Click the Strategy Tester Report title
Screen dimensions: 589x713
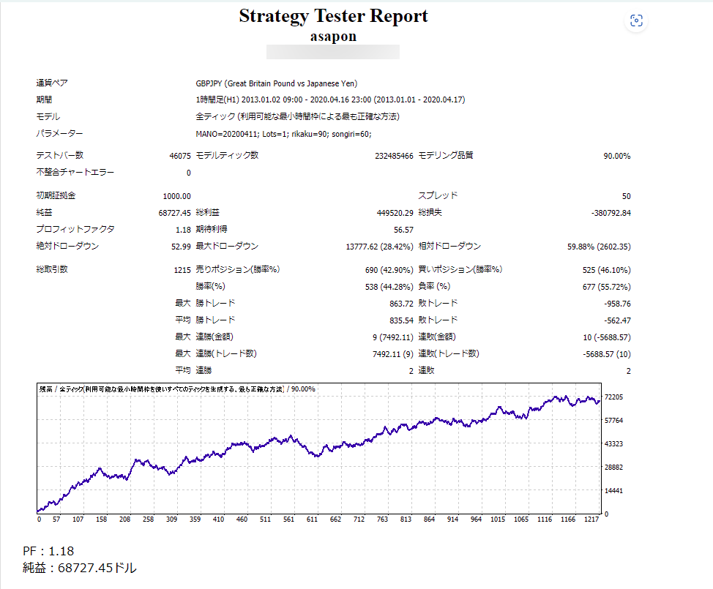[x=333, y=17]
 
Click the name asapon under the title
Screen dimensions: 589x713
[x=333, y=37]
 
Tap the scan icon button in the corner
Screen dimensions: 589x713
[x=636, y=21]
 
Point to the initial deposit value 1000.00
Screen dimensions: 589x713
[x=177, y=196]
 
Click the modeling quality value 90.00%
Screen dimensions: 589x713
[x=616, y=156]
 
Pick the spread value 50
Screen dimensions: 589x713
[x=626, y=196]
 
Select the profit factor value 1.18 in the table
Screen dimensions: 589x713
[x=184, y=230]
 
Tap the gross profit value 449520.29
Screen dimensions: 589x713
[x=392, y=213]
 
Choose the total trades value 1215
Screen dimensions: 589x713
[x=182, y=270]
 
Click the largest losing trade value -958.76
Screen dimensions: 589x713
[x=616, y=304]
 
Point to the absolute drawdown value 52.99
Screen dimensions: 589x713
[x=181, y=247]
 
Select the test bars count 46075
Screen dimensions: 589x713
[x=179, y=156]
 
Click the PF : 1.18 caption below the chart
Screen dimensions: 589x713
[x=48, y=551]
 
